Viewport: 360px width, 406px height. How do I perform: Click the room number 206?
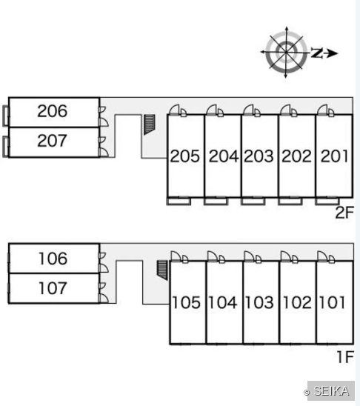coord(53,111)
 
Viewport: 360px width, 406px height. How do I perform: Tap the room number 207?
coord(53,141)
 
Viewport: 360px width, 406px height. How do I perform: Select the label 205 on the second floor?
coord(185,156)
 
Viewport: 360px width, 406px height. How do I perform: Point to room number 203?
coord(259,156)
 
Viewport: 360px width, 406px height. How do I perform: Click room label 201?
coord(334,156)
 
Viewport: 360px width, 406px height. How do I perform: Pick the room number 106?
coord(53,259)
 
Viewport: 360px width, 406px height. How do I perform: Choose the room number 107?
coord(53,288)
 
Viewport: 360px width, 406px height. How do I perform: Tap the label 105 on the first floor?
coord(187,302)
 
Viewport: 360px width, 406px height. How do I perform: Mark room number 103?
coord(259,302)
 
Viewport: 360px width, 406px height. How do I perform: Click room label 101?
coord(333,302)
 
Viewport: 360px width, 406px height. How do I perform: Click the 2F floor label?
coord(344,213)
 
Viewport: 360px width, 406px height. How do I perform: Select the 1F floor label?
coord(345,357)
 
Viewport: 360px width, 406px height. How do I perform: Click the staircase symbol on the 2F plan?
coord(149,124)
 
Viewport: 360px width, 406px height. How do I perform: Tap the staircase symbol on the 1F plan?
coord(162,270)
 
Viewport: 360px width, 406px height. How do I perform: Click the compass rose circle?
coord(286,52)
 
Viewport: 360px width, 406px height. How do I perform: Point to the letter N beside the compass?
coord(317,53)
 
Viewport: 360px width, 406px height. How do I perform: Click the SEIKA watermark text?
coord(331,390)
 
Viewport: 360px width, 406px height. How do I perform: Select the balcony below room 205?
coord(179,202)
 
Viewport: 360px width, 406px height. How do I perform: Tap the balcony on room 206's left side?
coord(6,116)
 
